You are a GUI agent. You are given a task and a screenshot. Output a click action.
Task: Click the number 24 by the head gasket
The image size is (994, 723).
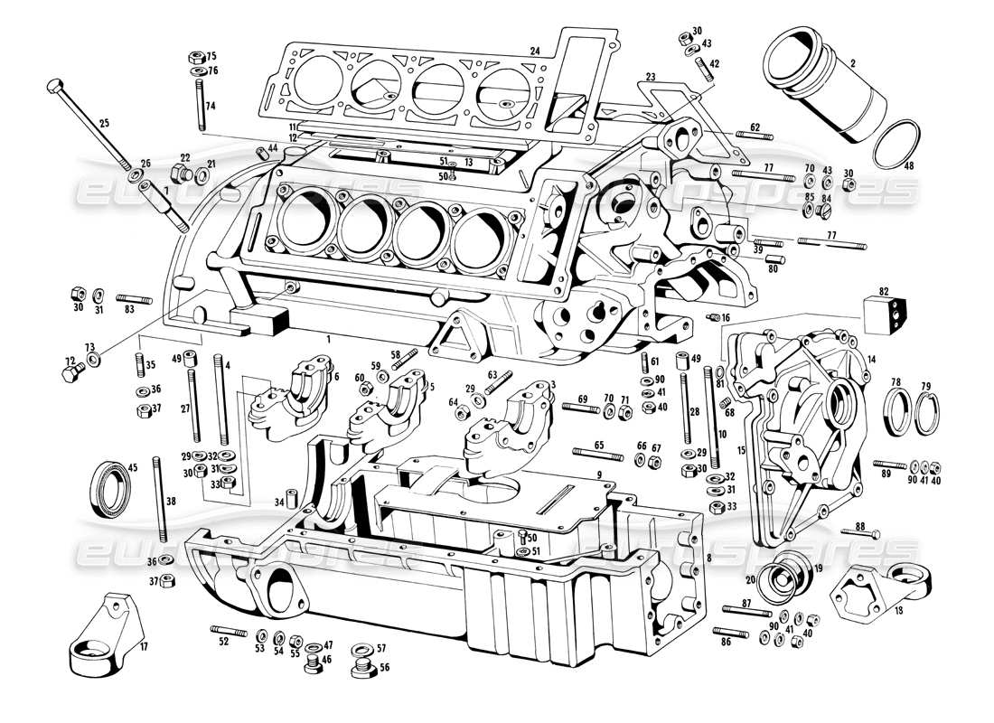pyautogui.click(x=535, y=52)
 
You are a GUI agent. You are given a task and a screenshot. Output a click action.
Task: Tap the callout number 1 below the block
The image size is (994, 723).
pyautogui.click(x=330, y=337)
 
